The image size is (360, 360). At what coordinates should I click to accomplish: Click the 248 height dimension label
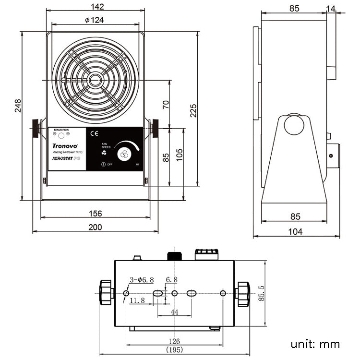click(x=18, y=106)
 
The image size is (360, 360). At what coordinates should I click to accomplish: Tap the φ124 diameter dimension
click(x=94, y=20)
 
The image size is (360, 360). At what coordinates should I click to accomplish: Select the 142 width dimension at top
click(x=97, y=7)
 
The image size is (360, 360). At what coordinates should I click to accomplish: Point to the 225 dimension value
click(x=193, y=110)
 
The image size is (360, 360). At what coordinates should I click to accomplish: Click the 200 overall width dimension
click(x=96, y=227)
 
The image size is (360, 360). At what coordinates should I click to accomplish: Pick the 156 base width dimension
click(x=96, y=214)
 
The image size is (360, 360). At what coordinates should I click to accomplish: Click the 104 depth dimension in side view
click(x=296, y=232)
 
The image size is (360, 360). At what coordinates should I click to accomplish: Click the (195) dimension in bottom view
click(x=175, y=350)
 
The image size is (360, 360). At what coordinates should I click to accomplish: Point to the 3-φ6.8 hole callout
click(x=142, y=280)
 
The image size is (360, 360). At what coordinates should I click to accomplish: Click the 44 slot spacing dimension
click(x=174, y=312)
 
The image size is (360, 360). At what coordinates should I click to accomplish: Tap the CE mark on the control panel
click(x=95, y=134)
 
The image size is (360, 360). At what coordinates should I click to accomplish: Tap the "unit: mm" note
click(x=315, y=344)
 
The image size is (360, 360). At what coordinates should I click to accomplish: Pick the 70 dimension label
click(x=166, y=105)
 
